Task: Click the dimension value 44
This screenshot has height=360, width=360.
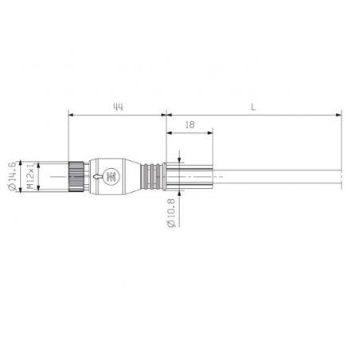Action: [118, 107]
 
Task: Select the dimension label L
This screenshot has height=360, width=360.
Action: [253, 107]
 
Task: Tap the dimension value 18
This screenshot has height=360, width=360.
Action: [190, 125]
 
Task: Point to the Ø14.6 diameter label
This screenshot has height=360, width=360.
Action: [12, 176]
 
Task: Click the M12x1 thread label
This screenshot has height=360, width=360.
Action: [31, 176]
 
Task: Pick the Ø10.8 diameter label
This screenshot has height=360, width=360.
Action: [171, 213]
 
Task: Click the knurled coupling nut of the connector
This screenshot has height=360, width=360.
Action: [76, 176]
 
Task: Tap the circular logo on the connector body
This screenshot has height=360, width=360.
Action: [112, 177]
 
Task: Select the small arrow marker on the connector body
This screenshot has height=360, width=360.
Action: [97, 176]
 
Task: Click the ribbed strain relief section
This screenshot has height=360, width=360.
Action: [151, 177]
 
